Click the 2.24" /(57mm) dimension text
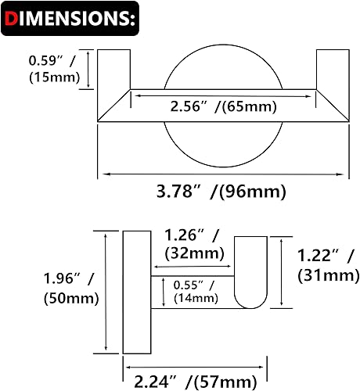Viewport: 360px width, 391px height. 195,380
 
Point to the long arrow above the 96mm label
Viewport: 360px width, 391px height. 222,173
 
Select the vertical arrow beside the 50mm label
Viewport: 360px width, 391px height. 105,292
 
